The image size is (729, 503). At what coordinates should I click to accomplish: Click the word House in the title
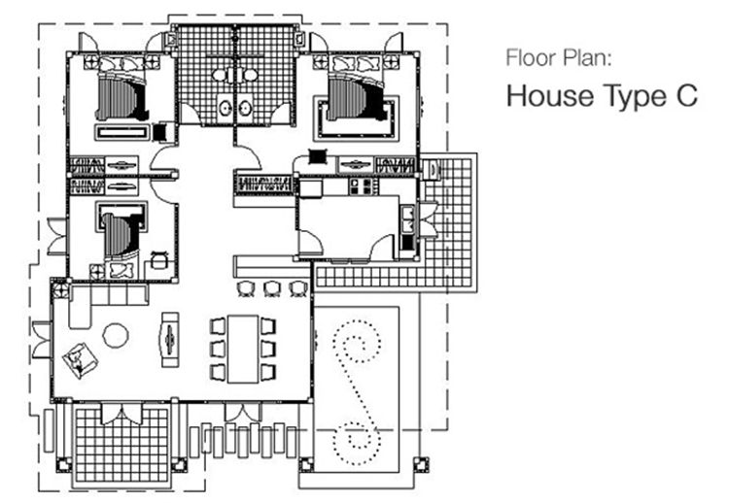550,96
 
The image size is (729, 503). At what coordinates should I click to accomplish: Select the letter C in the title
685,95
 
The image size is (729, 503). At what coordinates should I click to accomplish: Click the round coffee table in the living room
116,335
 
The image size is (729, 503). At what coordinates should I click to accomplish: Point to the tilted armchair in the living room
80,360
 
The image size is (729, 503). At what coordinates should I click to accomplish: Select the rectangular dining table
243,349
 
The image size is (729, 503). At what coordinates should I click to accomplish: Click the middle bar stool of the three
271,289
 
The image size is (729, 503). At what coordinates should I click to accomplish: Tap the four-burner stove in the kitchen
361,186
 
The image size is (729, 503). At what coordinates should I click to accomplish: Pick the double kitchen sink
407,218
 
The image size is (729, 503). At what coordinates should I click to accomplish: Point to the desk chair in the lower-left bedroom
159,259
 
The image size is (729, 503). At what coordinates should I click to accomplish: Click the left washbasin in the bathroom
226,109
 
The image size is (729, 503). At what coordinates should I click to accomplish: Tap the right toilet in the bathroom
250,75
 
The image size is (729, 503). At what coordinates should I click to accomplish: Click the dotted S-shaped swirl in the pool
357,391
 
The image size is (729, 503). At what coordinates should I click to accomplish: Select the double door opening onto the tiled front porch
121,414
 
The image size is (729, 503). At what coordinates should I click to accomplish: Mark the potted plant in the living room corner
60,290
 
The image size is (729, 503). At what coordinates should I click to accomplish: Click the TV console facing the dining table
170,340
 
